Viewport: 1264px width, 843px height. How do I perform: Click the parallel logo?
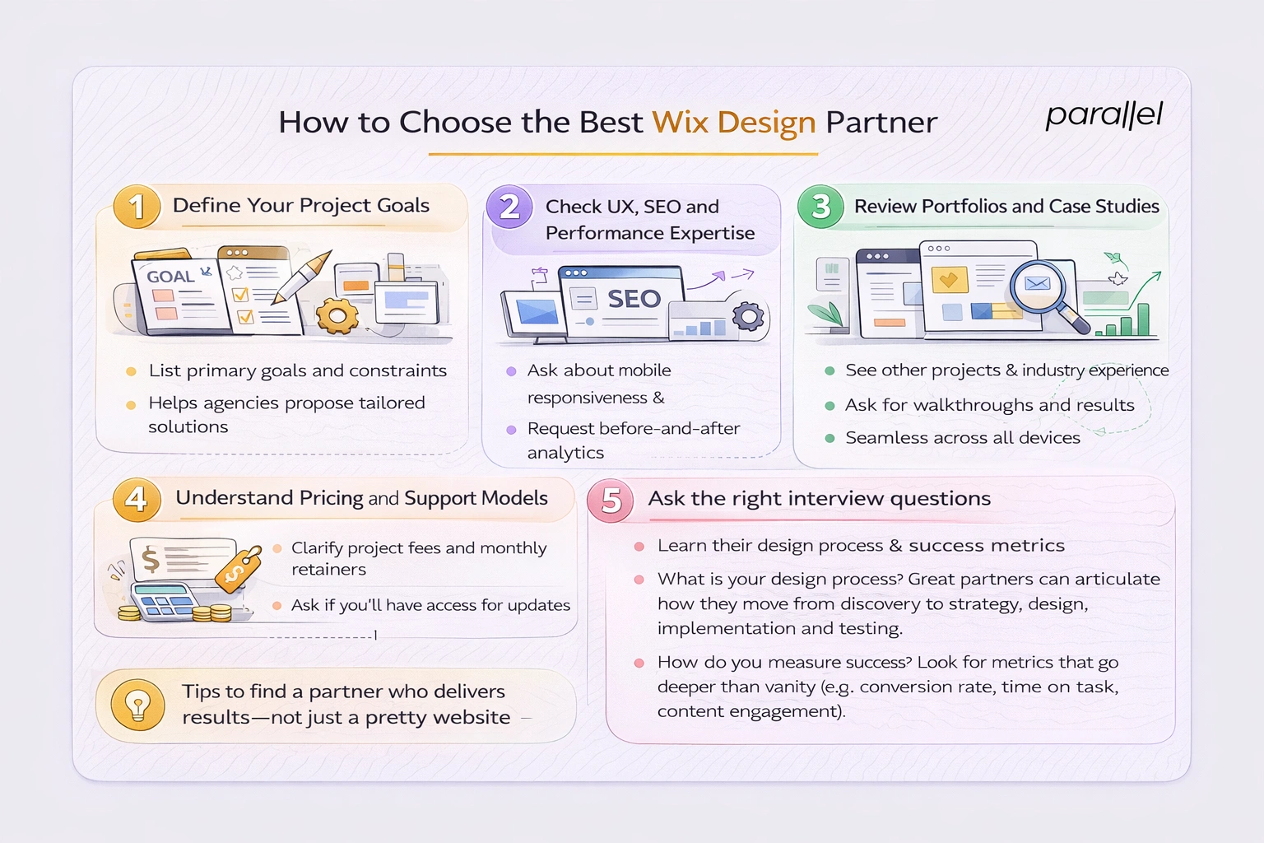click(1104, 115)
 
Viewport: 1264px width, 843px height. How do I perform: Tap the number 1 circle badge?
click(137, 206)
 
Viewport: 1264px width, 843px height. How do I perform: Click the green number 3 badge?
click(820, 206)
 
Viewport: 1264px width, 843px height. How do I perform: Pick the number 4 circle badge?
click(137, 499)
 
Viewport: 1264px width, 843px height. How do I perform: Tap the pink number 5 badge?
click(611, 500)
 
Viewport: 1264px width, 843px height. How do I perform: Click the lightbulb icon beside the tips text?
click(137, 705)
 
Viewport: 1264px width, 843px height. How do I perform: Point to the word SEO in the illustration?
click(634, 299)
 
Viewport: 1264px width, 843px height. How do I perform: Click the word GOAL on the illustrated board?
click(170, 277)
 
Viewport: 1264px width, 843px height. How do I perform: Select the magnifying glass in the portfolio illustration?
click(1041, 288)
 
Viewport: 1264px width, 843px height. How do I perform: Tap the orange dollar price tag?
click(238, 568)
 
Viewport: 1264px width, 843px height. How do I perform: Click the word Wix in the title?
click(680, 122)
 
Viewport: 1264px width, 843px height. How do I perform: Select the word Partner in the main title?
click(881, 122)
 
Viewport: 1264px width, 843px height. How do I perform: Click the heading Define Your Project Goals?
click(300, 205)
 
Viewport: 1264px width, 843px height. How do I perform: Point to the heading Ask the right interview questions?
click(819, 498)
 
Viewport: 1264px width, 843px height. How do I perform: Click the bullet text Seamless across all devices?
click(962, 438)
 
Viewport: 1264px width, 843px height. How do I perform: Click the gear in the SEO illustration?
click(748, 316)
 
